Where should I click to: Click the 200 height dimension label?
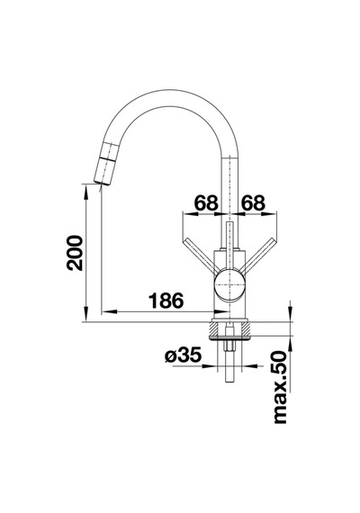[x=75, y=252]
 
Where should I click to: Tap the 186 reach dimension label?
[x=166, y=301]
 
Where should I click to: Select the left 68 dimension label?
[x=206, y=202]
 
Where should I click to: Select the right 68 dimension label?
[x=253, y=202]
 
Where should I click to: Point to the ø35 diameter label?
[x=183, y=355]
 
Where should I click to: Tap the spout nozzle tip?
[x=101, y=181]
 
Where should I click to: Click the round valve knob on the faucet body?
[x=230, y=284]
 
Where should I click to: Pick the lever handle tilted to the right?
[x=259, y=256]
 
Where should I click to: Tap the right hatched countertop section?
[x=242, y=328]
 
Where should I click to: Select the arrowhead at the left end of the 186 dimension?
[x=109, y=311]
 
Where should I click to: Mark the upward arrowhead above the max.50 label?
[x=290, y=344]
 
